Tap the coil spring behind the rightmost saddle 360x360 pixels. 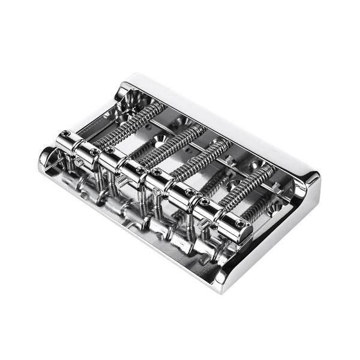coord(249,186)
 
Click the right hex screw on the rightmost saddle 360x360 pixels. coord(241,224)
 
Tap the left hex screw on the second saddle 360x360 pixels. coord(110,150)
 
